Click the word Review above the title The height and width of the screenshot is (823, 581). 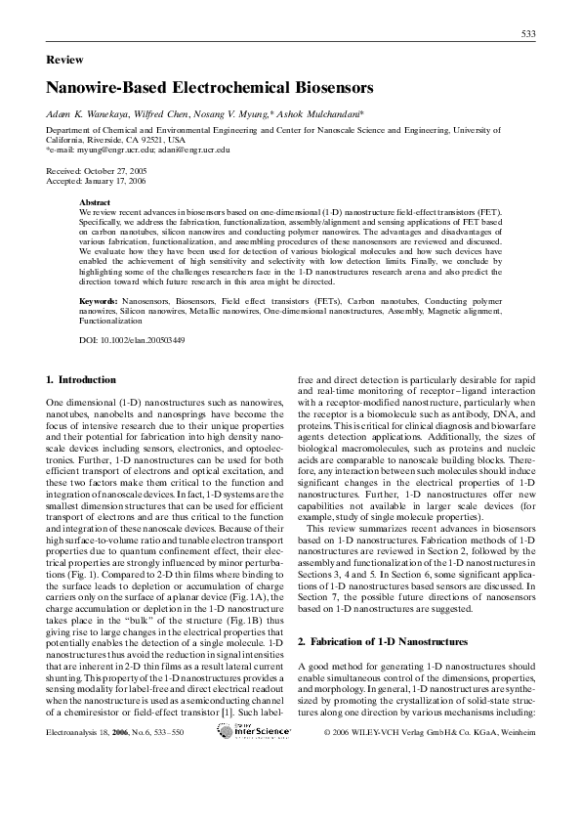(x=65, y=60)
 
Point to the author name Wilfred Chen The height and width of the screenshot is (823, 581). (x=158, y=114)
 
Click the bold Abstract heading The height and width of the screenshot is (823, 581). (x=95, y=201)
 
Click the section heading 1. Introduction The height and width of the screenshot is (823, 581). (x=81, y=379)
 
